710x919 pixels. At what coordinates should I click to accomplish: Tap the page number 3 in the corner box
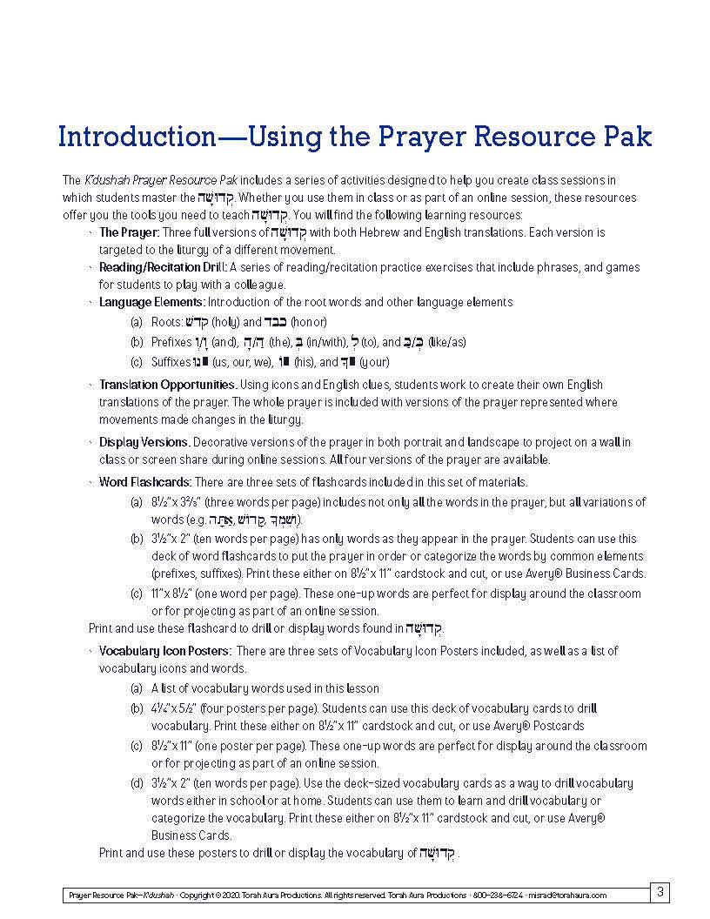(660, 891)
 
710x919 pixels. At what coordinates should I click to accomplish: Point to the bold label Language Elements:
(151, 302)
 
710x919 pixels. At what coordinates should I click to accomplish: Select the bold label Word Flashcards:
(144, 482)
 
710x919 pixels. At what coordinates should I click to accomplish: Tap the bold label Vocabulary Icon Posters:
(164, 651)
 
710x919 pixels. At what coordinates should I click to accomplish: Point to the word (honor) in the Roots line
(309, 322)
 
